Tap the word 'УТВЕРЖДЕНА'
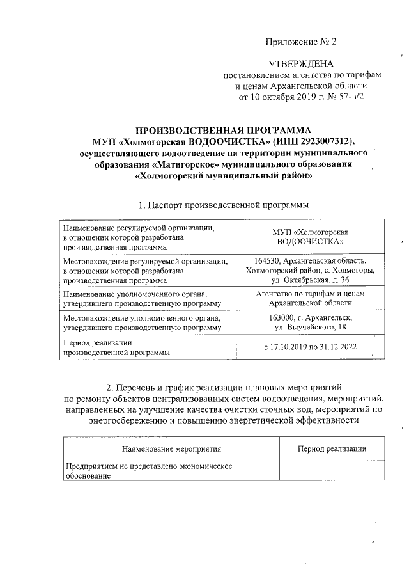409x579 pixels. [x=300, y=63]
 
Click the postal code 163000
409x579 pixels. [x=282, y=317]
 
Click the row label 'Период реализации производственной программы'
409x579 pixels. [x=115, y=347]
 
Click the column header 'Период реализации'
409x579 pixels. [x=332, y=449]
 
